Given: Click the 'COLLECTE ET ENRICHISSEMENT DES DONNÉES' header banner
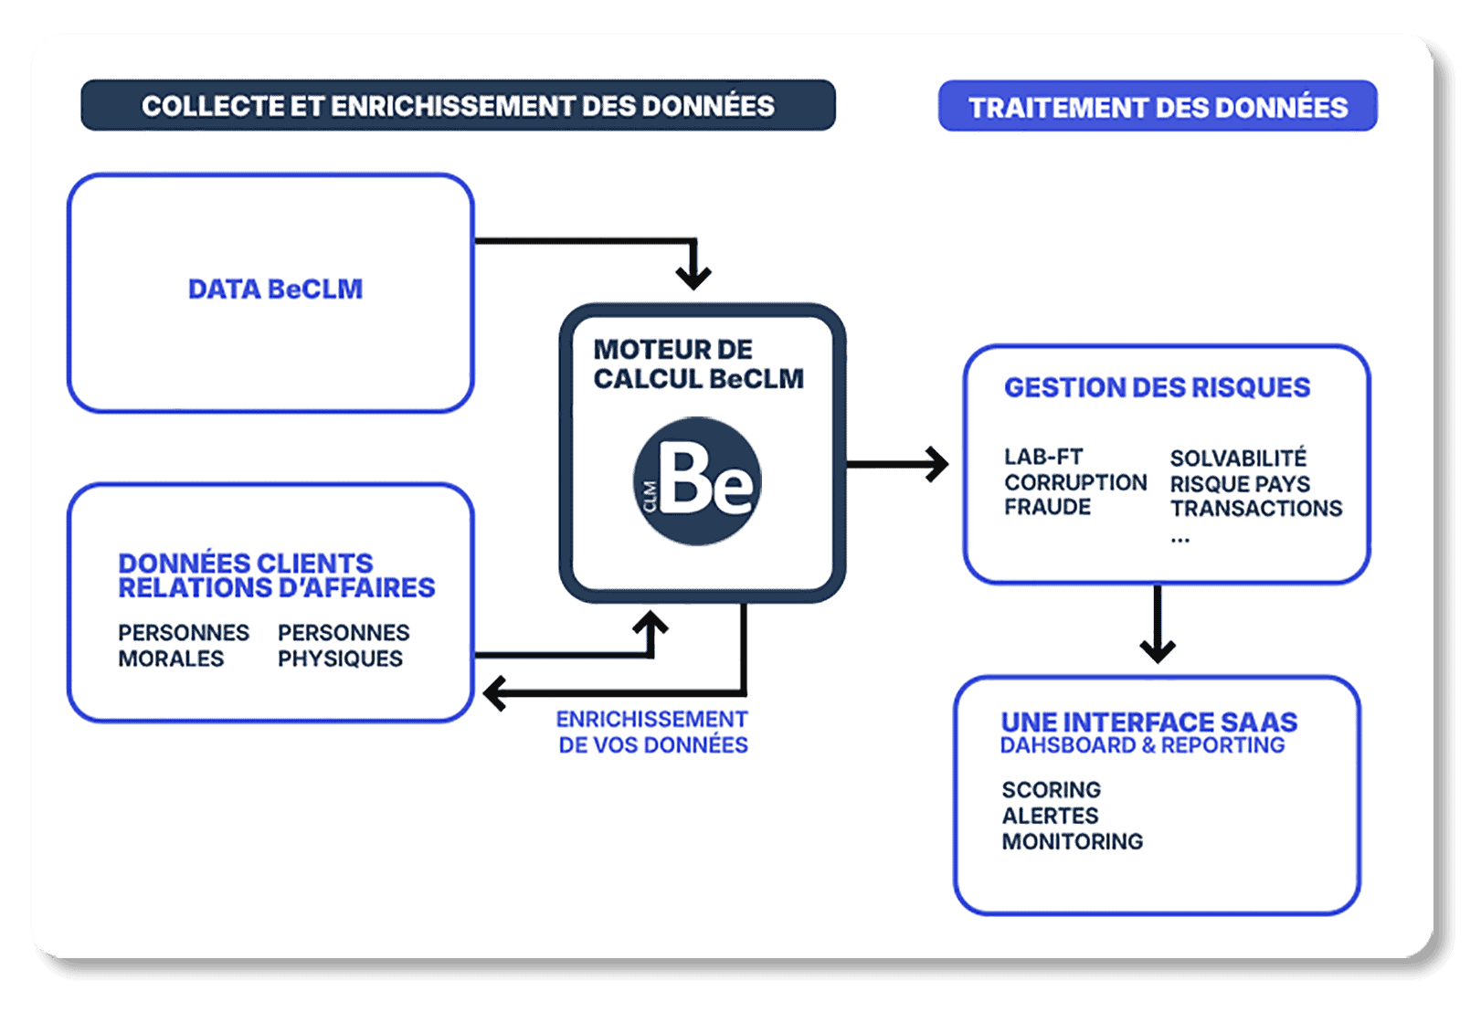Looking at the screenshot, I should tap(458, 106).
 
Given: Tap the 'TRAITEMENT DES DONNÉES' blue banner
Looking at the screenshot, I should tap(1158, 107).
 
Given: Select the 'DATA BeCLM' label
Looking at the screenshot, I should tap(275, 290).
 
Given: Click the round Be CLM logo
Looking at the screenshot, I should tap(697, 481).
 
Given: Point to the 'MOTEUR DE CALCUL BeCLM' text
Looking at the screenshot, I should tap(698, 364).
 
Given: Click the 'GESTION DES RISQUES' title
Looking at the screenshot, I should tap(1157, 387).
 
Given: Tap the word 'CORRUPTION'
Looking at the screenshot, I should tap(1075, 482).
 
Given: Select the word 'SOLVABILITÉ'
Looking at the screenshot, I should tap(1238, 458).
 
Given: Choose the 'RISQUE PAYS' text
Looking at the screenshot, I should tap(1240, 483).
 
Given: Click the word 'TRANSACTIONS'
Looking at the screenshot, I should tap(1256, 509).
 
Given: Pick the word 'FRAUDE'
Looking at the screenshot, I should tap(1047, 507).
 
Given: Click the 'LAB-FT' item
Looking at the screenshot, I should tap(1043, 457).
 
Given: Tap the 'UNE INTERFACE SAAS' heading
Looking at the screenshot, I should tap(1148, 722).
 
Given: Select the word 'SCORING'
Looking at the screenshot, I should tap(1051, 789).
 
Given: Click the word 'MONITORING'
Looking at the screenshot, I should tap(1072, 841).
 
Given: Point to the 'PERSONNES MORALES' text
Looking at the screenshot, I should tap(183, 645).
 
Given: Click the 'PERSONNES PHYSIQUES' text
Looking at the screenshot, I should tap(343, 645).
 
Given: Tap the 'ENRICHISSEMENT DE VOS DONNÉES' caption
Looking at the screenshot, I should tap(652, 732).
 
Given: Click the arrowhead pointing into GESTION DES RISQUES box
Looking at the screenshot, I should tap(938, 464).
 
